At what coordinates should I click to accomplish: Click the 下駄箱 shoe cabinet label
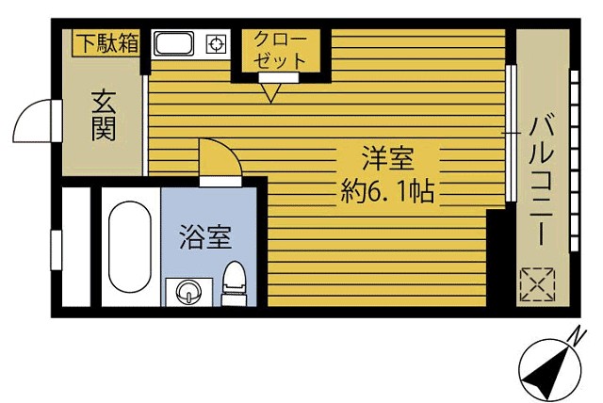click(x=106, y=43)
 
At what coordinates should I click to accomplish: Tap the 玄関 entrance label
click(x=104, y=116)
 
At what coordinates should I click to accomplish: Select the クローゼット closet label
click(x=281, y=50)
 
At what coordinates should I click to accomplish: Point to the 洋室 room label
click(x=387, y=158)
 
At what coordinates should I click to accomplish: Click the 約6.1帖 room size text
click(x=387, y=191)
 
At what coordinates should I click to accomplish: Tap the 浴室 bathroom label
click(x=205, y=237)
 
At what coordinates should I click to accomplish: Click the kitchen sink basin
click(x=173, y=43)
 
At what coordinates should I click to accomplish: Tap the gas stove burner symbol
click(x=216, y=44)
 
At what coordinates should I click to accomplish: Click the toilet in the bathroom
click(x=235, y=283)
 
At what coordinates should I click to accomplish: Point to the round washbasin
click(x=188, y=292)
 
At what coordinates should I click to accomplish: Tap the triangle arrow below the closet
click(x=270, y=92)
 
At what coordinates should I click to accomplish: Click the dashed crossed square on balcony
click(x=538, y=284)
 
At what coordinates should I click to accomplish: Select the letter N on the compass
click(x=577, y=337)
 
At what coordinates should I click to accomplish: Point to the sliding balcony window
click(x=511, y=133)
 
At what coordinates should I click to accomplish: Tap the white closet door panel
click(x=279, y=77)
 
